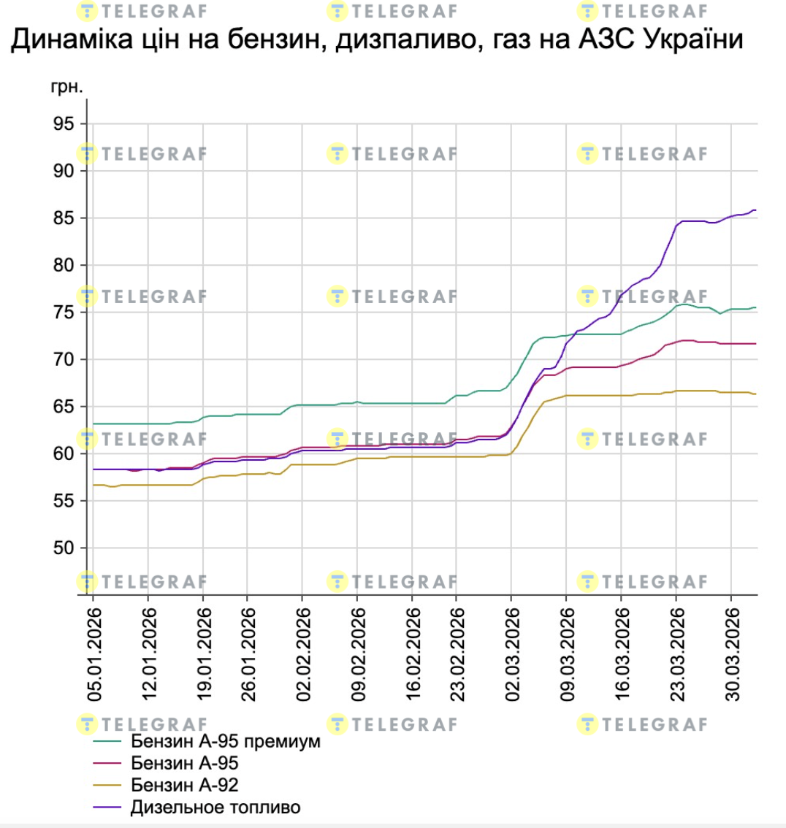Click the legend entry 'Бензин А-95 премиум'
[x=226, y=742]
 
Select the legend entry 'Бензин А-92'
[x=185, y=786]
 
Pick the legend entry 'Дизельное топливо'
[x=215, y=808]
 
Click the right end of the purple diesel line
[x=755, y=210]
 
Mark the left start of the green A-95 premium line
[x=94, y=423]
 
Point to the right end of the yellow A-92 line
[x=755, y=394]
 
